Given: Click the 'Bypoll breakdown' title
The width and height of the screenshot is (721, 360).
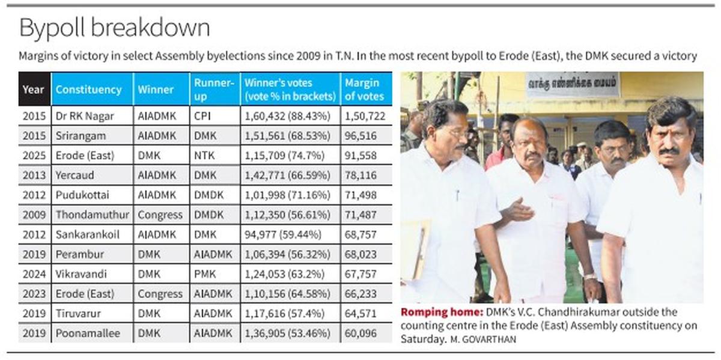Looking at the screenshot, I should (x=114, y=28).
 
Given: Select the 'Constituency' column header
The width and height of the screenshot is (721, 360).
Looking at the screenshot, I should (x=88, y=90).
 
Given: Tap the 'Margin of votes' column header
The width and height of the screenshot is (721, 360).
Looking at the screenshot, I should (x=364, y=90).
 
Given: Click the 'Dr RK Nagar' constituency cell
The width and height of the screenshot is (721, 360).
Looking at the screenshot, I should (x=85, y=116).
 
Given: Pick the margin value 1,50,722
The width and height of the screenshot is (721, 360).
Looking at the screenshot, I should (x=365, y=116).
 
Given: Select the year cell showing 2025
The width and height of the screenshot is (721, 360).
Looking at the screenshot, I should (x=34, y=155).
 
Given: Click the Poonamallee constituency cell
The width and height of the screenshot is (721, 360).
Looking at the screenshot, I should (x=88, y=333).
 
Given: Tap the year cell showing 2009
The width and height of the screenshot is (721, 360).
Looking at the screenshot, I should (x=34, y=215).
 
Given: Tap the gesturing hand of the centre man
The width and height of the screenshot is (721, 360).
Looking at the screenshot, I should (x=517, y=210).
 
